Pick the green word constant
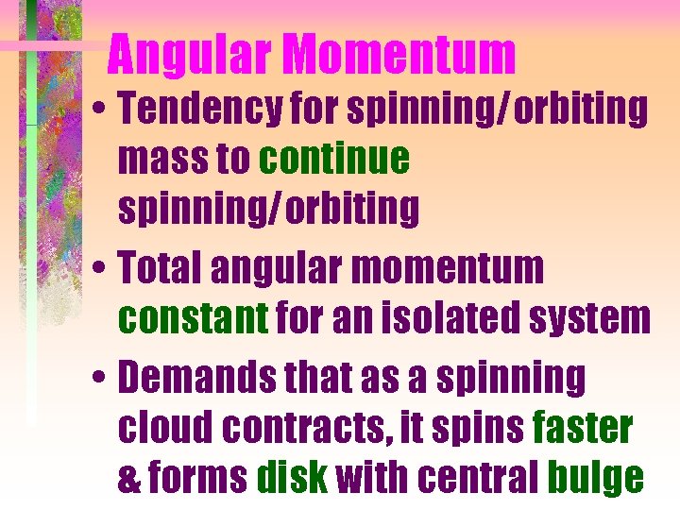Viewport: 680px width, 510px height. (x=193, y=318)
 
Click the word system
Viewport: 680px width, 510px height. (x=587, y=320)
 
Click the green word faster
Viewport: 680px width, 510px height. (x=582, y=428)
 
